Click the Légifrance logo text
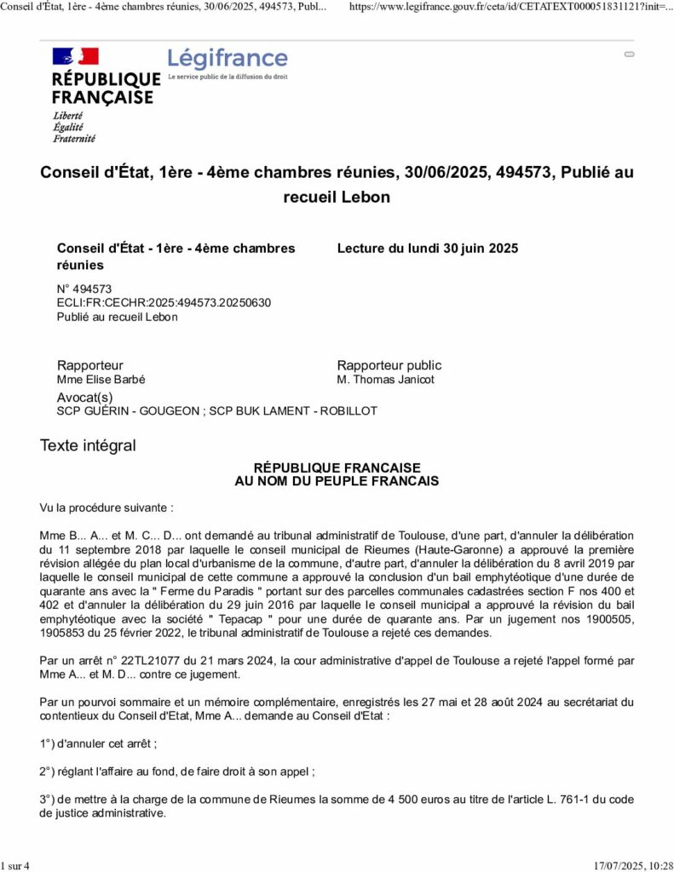pos(228,59)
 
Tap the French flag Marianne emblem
pos(76,56)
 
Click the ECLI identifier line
pos(164,302)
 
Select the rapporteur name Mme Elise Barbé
pos(107,380)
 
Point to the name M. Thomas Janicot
pos(385,380)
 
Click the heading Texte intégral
pos(88,445)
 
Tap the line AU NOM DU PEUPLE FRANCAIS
pos(337,481)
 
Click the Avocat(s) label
pos(84,398)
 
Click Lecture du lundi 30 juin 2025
pos(427,249)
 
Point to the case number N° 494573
pos(84,289)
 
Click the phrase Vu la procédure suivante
pos(107,508)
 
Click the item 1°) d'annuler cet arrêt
pos(98,743)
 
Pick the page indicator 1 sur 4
pos(15,866)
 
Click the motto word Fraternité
pos(74,138)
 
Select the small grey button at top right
pos(629,54)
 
